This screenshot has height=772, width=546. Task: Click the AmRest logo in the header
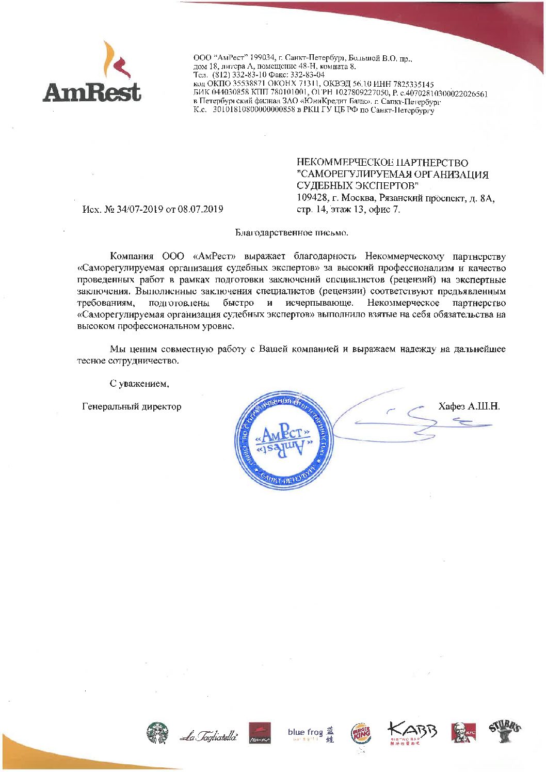pos(92,73)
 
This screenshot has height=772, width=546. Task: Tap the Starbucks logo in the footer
pos(157,733)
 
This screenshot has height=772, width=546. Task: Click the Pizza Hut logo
pos(260,733)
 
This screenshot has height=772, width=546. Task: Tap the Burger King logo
pos(361,733)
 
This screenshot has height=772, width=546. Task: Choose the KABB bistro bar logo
pos(412,733)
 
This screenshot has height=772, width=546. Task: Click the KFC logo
pos(463,733)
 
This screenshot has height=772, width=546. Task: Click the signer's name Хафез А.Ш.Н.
pos(469,406)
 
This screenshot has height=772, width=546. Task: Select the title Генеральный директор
pos(132,407)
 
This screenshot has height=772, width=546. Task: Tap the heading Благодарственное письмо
pos(292,232)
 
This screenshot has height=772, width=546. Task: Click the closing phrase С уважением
pos(139,384)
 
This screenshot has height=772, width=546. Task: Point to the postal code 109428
pos(311,198)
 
